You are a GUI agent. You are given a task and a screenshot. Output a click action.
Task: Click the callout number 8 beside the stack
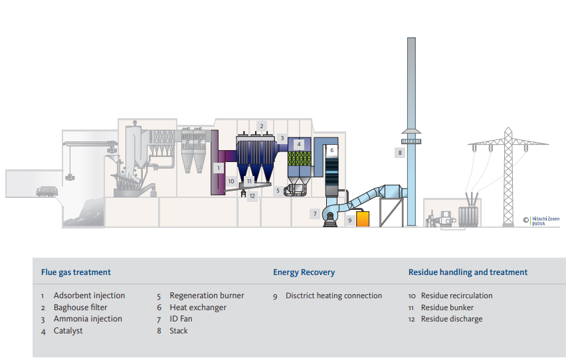pos(400,153)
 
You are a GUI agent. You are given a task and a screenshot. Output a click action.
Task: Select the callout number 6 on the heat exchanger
pos(331,151)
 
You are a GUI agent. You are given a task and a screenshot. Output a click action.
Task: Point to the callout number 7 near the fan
pos(315,213)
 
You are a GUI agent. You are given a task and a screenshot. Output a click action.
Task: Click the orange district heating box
pos(363,219)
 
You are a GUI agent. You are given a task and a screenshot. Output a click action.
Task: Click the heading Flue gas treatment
pos(76,272)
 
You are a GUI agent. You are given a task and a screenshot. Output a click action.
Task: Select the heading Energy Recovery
pos(304,272)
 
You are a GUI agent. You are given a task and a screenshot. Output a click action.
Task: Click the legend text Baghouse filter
pos(80,308)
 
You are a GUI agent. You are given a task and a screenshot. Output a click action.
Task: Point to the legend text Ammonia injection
pos(88,319)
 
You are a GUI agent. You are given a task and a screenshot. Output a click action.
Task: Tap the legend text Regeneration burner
pos(207,296)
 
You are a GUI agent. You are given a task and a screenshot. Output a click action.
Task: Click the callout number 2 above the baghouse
pos(262,126)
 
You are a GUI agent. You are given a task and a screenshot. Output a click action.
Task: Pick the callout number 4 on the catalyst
pos(299,143)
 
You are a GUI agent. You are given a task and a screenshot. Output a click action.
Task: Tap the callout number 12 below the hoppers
pos(252,196)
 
